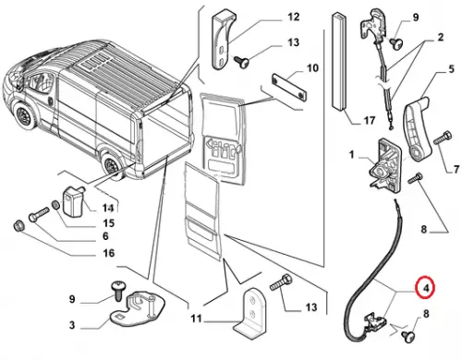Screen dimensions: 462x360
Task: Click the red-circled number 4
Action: (426, 288)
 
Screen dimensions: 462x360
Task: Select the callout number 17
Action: (370, 120)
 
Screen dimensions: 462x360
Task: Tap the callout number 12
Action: (293, 17)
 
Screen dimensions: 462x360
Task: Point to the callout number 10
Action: (312, 68)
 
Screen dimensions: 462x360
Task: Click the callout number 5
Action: (451, 69)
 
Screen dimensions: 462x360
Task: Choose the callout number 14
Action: (108, 209)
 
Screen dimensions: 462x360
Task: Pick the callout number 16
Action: (108, 253)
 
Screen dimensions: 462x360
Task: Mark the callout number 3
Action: (72, 325)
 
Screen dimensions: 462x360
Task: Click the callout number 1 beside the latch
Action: (352, 154)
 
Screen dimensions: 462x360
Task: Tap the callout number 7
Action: (456, 169)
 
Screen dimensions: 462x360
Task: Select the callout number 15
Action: (109, 223)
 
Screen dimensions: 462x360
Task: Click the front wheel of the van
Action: (24, 116)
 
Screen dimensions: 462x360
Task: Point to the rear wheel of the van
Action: (111, 165)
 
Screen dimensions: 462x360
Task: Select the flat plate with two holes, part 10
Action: (289, 88)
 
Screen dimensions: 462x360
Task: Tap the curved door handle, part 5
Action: (416, 127)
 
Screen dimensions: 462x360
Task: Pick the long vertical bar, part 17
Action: (339, 62)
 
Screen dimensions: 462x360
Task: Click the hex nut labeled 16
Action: (19, 226)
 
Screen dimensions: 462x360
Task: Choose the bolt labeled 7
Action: (443, 138)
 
